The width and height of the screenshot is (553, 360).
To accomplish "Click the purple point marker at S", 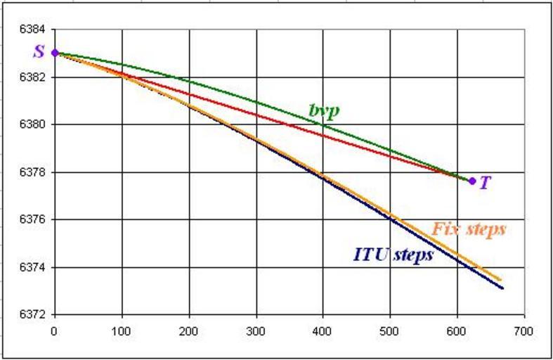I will pos(55,53).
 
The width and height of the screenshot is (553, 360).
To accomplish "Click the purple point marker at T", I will pos(472,181).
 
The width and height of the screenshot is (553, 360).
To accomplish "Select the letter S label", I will pos(39,52).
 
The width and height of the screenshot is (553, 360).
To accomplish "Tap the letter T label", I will pos(486,182).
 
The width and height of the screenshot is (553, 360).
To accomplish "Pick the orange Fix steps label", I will pos(469,229).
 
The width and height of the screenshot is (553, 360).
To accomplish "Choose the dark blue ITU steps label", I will pos(393,255).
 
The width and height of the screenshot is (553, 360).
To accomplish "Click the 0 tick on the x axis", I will pos(55,329).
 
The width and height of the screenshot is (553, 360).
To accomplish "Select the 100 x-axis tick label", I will pos(122,329).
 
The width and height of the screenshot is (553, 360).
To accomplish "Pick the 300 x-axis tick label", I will pos(256,329).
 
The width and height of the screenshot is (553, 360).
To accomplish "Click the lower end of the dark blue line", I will pos(503,288).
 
